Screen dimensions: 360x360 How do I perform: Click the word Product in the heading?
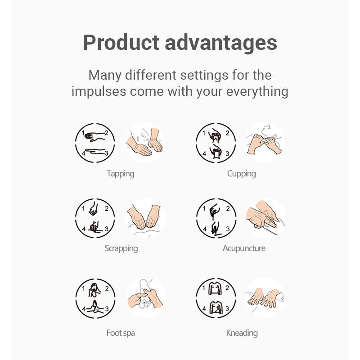point(121,42)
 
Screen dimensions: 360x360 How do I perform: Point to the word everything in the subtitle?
point(257,92)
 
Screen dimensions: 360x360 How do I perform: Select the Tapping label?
point(121,174)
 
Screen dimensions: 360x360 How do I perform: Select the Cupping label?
point(242,174)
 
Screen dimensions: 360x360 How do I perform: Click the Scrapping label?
point(121,248)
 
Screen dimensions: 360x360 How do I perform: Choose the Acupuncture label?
point(244,248)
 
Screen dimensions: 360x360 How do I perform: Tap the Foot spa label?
point(121,333)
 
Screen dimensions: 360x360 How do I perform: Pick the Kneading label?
point(242,333)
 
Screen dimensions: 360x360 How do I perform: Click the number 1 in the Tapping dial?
point(83,133)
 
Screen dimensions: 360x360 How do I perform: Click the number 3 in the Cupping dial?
point(227,153)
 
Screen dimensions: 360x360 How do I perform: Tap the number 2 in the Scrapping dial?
point(107,208)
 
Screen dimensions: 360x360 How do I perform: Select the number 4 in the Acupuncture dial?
point(205,229)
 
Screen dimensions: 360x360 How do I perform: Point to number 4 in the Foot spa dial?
point(84,309)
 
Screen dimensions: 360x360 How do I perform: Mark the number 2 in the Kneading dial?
point(227,288)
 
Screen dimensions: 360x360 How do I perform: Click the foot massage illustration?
point(145,298)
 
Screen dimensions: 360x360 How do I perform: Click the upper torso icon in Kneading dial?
point(215,288)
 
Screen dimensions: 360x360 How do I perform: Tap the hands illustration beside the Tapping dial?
point(144,143)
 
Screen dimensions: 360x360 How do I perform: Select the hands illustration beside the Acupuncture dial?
point(265,218)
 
